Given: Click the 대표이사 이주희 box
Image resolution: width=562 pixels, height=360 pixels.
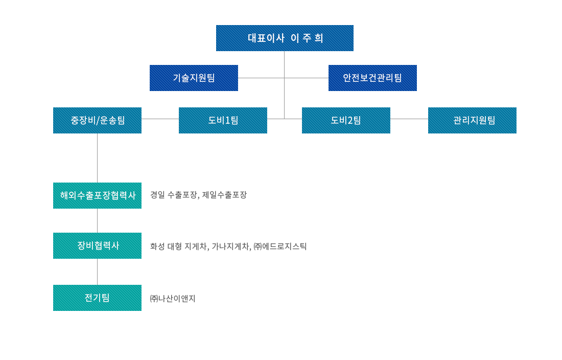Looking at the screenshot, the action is (285, 38).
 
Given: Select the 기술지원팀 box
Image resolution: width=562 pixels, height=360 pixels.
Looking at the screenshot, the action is (194, 78).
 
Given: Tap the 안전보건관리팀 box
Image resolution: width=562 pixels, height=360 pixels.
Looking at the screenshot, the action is (372, 78).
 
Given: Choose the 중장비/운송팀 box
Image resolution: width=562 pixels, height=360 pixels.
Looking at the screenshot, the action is (97, 121).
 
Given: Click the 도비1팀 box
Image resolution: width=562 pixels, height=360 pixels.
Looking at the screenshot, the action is (223, 121).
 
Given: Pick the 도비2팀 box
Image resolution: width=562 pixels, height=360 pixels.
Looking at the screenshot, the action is (346, 121).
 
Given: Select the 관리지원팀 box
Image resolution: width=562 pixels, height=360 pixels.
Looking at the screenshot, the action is (472, 121).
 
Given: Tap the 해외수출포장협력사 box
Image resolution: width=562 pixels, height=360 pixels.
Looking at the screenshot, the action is (97, 195).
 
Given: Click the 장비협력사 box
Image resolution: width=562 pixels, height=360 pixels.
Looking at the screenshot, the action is (97, 245).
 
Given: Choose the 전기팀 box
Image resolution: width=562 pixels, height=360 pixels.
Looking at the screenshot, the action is (97, 298).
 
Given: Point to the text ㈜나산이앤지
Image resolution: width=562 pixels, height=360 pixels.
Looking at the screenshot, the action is (173, 298).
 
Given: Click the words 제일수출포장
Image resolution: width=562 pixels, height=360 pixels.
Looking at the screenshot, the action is (224, 195).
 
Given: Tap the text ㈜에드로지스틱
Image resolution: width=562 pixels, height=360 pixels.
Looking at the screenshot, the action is (280, 246).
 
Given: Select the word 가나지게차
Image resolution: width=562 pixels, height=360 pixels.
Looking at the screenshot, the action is (230, 246).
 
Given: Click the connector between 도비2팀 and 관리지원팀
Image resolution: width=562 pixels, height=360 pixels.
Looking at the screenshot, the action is (409, 119).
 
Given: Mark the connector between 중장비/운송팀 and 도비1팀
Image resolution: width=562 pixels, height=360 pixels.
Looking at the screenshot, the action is (160, 119).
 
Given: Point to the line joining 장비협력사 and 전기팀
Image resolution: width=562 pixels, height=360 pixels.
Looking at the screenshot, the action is (97, 272).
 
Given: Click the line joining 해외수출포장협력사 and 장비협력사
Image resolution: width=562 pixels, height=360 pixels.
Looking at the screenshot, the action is (97, 220).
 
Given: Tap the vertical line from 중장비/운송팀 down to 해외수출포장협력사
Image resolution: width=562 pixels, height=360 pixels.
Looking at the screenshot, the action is (97, 158).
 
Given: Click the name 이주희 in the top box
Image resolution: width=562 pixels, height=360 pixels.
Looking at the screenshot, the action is (307, 38).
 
